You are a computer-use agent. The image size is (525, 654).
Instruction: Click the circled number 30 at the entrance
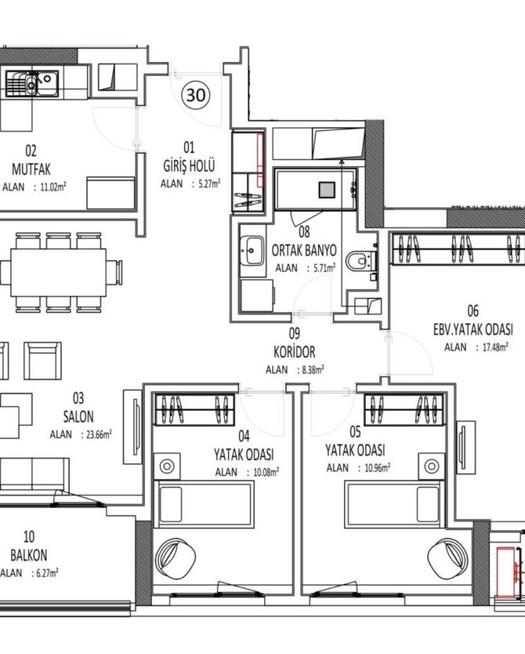click(x=195, y=95)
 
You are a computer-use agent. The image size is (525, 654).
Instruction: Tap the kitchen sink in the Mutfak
click(x=32, y=83)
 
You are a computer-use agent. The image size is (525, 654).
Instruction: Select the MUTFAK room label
click(x=31, y=169)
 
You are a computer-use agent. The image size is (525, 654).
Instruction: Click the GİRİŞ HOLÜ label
click(x=189, y=165)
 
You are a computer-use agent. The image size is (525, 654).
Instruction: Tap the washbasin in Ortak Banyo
click(x=252, y=250)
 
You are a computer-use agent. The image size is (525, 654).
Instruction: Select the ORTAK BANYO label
click(x=304, y=250)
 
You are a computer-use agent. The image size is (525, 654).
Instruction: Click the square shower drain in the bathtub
click(x=328, y=190)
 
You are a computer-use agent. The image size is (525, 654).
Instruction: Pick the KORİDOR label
click(x=294, y=352)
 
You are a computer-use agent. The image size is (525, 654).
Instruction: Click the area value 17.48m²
click(x=495, y=347)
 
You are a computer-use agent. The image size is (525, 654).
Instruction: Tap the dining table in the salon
click(x=58, y=272)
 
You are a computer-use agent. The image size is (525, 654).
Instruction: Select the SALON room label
click(x=78, y=416)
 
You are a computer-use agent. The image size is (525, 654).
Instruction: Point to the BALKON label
click(x=29, y=555)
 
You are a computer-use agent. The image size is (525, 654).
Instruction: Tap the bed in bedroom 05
click(x=393, y=504)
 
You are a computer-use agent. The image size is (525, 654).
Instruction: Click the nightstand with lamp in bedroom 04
click(x=167, y=466)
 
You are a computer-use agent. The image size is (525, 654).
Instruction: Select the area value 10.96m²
click(x=378, y=467)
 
